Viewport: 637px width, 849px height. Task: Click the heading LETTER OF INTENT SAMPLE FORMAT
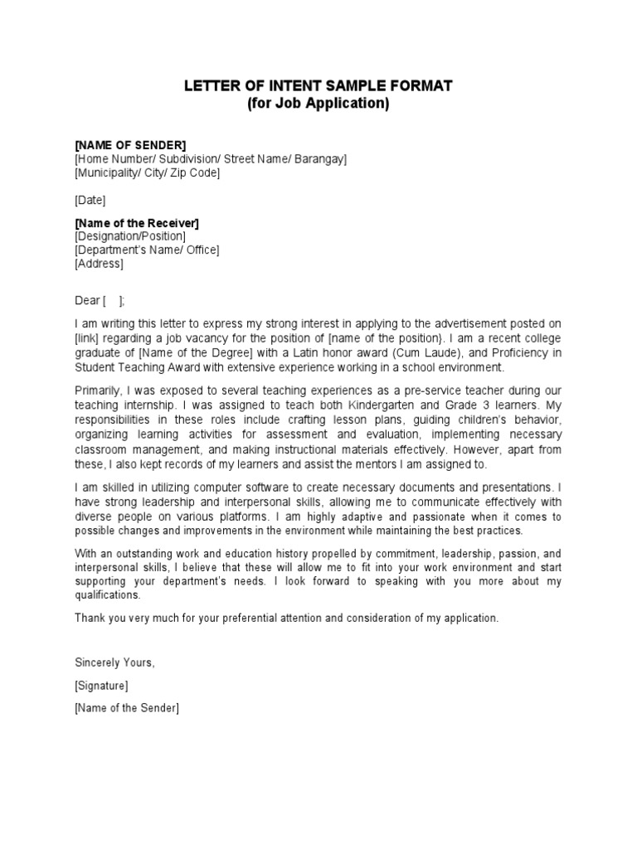[318, 86]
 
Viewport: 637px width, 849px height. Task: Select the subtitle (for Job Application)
[318, 104]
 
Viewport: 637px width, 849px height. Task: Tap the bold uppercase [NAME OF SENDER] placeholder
[130, 145]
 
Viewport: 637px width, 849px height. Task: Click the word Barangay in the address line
[319, 159]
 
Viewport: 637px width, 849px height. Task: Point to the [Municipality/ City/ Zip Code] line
[147, 172]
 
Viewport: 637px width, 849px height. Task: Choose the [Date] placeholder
[90, 200]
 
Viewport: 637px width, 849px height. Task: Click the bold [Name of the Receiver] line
[137, 223]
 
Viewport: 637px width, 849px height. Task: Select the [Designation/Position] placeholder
[130, 236]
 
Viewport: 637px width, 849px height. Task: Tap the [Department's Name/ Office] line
[147, 250]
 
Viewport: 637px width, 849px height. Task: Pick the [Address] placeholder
[99, 264]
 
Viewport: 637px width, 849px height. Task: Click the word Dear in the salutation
[87, 300]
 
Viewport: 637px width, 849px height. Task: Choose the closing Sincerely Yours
[114, 662]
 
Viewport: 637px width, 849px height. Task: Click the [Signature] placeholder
[101, 686]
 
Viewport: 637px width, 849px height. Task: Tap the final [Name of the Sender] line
[126, 708]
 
